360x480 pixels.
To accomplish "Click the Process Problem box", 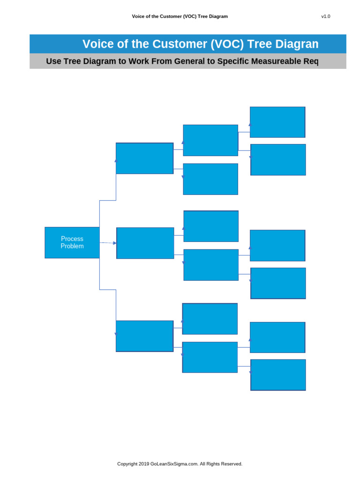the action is [x=72, y=242].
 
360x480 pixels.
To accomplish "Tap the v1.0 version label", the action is [x=325, y=16].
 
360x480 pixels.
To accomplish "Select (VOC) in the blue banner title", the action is [x=227, y=44].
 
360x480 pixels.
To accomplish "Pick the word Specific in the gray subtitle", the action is [x=233, y=61].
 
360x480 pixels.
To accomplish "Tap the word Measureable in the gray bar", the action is [x=276, y=61].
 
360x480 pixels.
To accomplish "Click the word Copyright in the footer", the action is [x=127, y=464].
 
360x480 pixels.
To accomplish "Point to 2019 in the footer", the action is [x=143, y=464].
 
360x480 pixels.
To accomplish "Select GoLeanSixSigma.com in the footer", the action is [x=174, y=464].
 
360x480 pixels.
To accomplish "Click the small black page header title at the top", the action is [x=180, y=16].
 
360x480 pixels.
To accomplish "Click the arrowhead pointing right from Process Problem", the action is [x=115, y=243].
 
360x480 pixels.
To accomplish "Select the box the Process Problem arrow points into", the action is [x=145, y=243].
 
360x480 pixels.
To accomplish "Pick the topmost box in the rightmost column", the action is [x=277, y=122].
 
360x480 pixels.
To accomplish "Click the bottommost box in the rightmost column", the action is [x=278, y=375].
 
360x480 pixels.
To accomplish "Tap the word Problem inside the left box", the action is [x=72, y=246].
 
